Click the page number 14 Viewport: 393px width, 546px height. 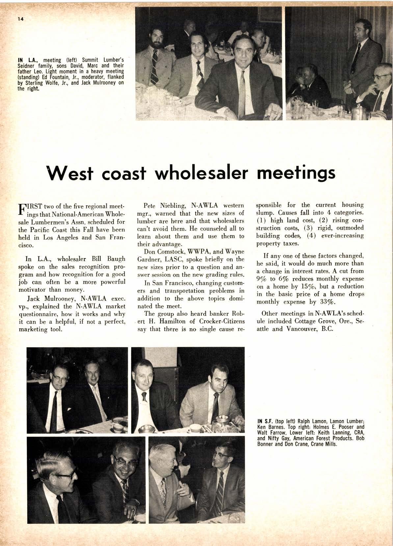pyautogui.click(x=21, y=19)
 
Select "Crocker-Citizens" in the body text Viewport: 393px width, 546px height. pyautogui.click(x=220, y=321)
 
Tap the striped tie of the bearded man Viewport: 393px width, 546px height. pyautogui.click(x=154, y=71)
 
